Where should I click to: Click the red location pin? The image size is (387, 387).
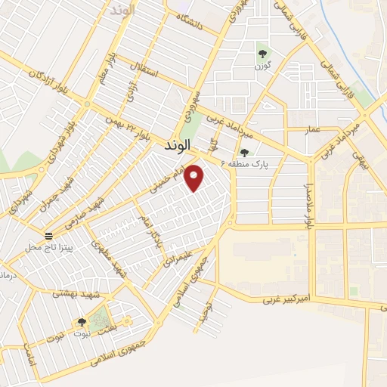[195, 177]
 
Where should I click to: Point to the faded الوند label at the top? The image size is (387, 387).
[122, 10]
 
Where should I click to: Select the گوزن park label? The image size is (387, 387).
[262, 67]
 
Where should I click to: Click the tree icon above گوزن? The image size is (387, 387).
[262, 53]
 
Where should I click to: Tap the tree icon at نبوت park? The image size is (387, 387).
[81, 324]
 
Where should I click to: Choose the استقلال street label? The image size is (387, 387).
[142, 73]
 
